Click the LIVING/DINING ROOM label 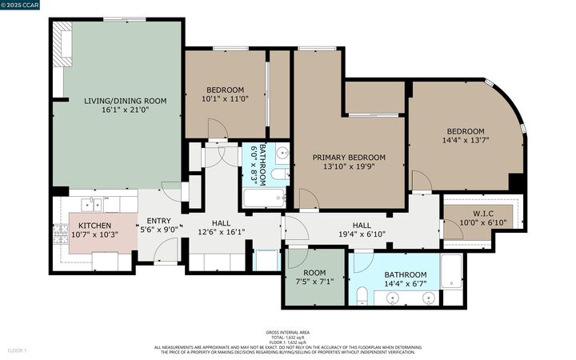125,101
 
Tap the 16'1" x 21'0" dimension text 125,110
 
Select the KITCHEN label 94,226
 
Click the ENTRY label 158,221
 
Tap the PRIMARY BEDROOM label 349,158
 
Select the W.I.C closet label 482,213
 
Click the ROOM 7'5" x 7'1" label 313,276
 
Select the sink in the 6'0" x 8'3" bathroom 281,154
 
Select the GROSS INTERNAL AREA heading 287,332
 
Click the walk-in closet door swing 453,230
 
